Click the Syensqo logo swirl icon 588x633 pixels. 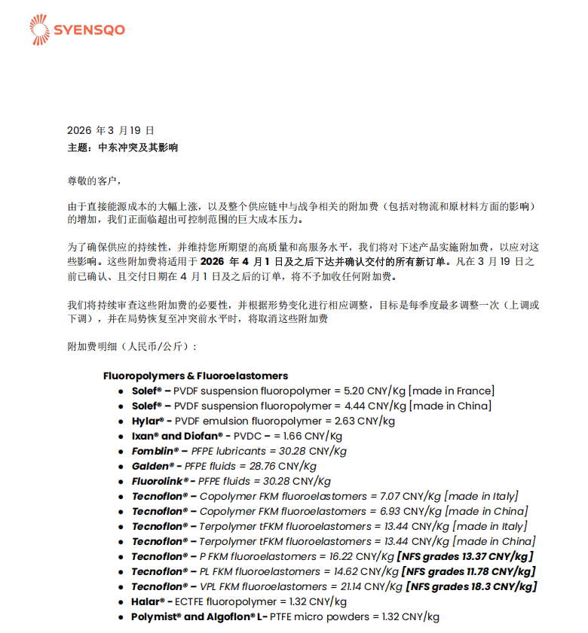[x=38, y=29]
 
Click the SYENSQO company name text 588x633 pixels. [x=88, y=30]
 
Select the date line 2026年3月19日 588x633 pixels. [x=111, y=130]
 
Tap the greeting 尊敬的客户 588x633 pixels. [x=93, y=181]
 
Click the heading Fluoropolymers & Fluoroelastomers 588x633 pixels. [x=195, y=376]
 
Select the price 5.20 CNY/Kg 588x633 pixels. [x=374, y=391]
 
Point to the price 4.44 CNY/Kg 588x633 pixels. [x=374, y=406]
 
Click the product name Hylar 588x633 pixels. [x=147, y=421]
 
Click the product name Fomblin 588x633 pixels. [x=155, y=451]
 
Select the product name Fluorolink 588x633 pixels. [x=160, y=481]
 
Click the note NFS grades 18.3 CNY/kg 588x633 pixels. [x=471, y=586]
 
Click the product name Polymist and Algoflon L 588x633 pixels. [x=200, y=616]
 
